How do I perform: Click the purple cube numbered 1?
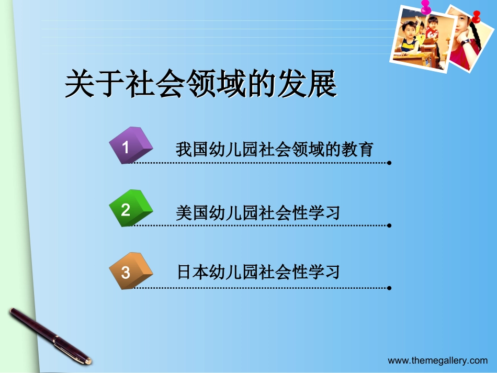[130, 145]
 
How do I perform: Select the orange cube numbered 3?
[130, 271]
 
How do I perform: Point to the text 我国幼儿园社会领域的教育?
[274, 150]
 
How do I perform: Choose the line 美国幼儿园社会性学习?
[258, 212]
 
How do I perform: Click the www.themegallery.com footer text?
[437, 360]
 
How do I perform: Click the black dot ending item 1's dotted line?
[389, 163]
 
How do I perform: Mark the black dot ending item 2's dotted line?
[389, 225]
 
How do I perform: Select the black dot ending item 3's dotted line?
[389, 288]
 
